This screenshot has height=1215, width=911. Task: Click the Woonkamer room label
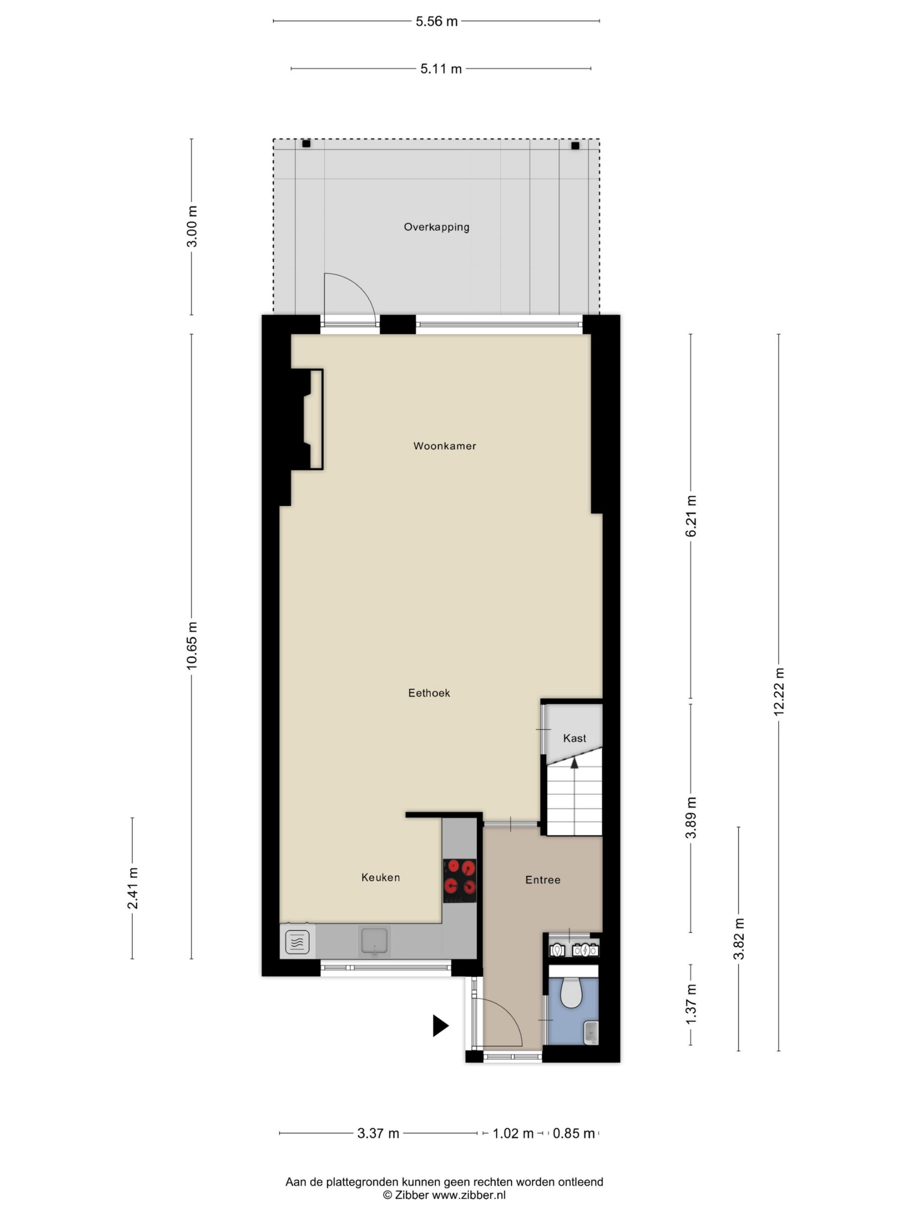coord(444,446)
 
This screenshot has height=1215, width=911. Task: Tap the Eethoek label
coord(429,693)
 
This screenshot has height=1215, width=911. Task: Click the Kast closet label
coord(575,738)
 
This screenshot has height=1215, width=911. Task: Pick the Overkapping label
coord(437,227)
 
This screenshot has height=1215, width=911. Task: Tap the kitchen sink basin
coord(374,941)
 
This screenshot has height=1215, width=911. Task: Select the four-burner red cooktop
coord(460,880)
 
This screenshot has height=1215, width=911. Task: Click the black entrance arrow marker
coord(440,1026)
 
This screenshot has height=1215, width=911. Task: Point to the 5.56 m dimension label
coord(437,21)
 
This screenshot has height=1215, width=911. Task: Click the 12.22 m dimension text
coord(779,692)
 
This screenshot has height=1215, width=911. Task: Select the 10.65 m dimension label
coord(191,645)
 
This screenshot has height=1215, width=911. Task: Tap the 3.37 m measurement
coord(378,1133)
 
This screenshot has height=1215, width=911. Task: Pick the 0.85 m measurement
coord(574,1133)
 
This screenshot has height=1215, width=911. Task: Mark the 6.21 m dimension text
coord(691,516)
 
